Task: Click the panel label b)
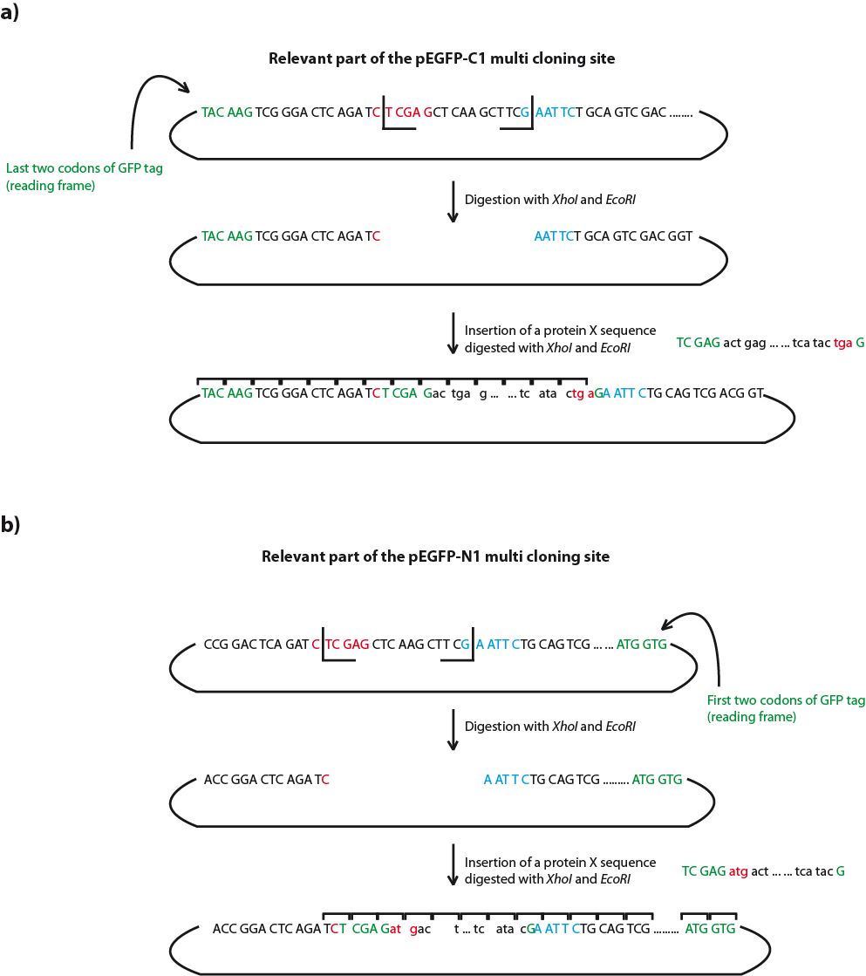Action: [11, 525]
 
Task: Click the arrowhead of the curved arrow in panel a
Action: [186, 87]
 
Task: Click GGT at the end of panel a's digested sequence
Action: [680, 236]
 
